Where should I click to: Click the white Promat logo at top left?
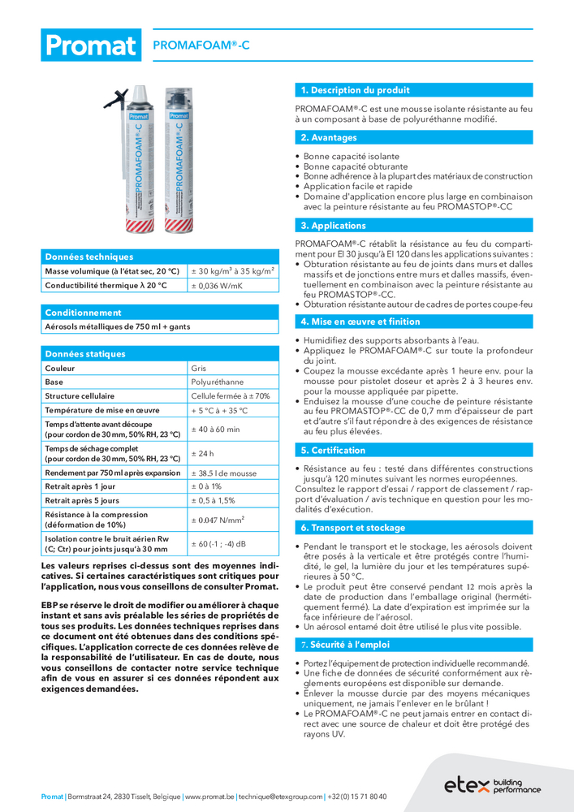[x=89, y=45]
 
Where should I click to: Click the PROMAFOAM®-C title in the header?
[x=196, y=47]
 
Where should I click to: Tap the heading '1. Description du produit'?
[x=355, y=90]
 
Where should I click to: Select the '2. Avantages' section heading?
[x=328, y=138]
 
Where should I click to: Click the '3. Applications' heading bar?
[x=333, y=226]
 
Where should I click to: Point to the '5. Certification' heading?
[x=333, y=451]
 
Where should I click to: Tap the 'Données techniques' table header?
[x=88, y=257]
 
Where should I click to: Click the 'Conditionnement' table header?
[x=83, y=313]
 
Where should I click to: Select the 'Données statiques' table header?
[x=85, y=354]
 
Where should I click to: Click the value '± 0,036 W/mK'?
[x=217, y=286]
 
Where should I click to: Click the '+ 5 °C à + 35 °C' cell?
[x=219, y=410]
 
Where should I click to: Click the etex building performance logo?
[x=492, y=784]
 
